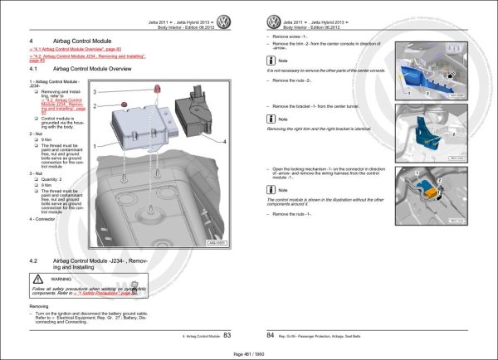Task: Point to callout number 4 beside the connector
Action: pyautogui.click(x=224, y=143)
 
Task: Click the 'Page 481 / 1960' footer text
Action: pyautogui.click(x=247, y=353)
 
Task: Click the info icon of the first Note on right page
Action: pyautogui.click(x=271, y=61)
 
